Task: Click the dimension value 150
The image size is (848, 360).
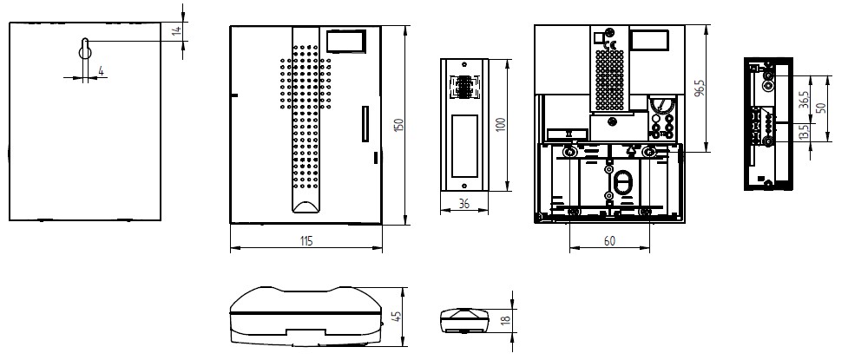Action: [x=399, y=126]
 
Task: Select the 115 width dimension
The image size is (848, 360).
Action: [x=306, y=240]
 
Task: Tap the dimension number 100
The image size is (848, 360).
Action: [x=500, y=126]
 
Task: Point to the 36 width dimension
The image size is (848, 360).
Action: [x=463, y=203]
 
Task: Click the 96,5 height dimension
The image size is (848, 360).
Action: [x=700, y=88]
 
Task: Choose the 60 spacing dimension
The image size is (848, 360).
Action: [x=609, y=241]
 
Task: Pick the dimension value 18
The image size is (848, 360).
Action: [x=506, y=319]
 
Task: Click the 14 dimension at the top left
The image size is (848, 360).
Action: [x=176, y=31]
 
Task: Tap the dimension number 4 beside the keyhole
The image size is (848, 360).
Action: [x=102, y=71]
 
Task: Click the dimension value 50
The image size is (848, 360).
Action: [x=821, y=108]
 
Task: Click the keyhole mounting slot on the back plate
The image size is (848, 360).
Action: [x=85, y=49]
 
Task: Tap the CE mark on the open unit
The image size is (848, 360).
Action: [x=609, y=45]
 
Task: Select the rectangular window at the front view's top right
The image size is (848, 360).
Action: [x=345, y=41]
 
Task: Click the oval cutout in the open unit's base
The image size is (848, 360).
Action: [x=622, y=181]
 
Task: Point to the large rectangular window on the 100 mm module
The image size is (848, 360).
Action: [x=464, y=147]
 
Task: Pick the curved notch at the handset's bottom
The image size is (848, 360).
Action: [x=306, y=206]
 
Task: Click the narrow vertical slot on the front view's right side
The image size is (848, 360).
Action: [x=365, y=124]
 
